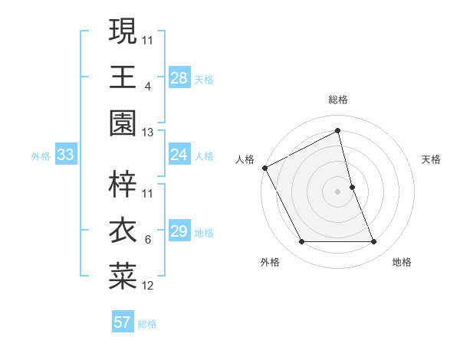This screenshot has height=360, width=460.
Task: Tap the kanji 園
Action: (x=123, y=123)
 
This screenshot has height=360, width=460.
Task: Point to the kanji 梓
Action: (x=123, y=184)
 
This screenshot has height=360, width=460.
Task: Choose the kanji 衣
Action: (x=123, y=231)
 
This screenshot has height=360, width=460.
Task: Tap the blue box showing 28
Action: (x=179, y=78)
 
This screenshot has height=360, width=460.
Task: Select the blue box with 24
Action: (x=179, y=155)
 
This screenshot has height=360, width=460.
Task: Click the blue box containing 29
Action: (x=179, y=232)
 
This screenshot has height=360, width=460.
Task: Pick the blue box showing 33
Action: (x=66, y=155)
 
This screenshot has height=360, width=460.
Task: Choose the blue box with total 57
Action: (x=123, y=322)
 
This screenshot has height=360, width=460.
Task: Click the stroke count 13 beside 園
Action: (x=147, y=133)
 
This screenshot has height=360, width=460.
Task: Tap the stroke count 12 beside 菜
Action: (x=147, y=286)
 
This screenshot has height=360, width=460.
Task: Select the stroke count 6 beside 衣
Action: (x=148, y=240)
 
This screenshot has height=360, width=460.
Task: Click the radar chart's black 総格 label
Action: (x=338, y=100)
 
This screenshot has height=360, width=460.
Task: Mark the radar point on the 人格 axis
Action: (x=264, y=167)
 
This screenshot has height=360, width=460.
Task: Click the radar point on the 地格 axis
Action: (x=373, y=242)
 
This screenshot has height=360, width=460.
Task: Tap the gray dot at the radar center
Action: (x=338, y=191)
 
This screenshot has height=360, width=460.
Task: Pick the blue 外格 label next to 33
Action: (x=41, y=156)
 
